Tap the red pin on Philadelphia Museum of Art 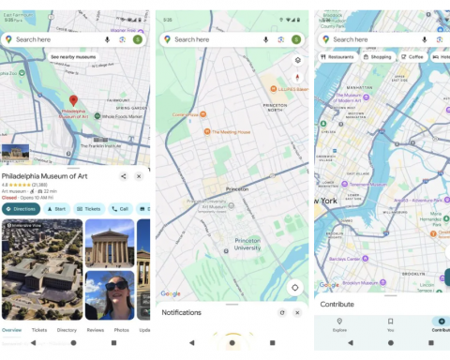point(73,100)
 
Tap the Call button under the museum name point(120,209)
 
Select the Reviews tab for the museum point(95,330)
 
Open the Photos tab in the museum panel point(122,330)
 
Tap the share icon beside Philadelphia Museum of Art point(124,176)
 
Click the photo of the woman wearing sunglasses point(110,294)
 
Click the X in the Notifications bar point(297,312)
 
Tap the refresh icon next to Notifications point(281,312)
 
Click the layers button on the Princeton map point(297,59)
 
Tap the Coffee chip point(412,56)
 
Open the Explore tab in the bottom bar point(339,324)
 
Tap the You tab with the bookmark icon point(391,324)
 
